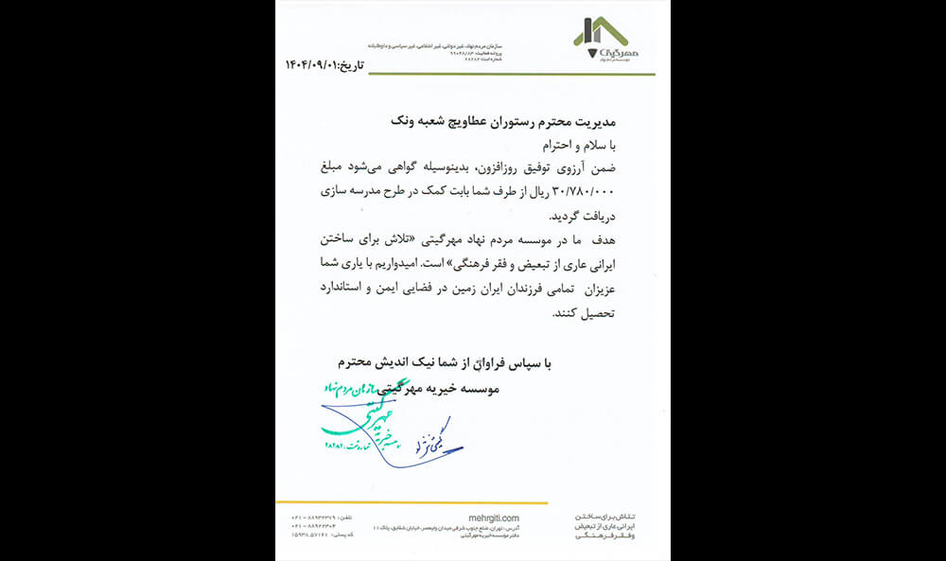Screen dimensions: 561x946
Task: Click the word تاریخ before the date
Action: pos(350,63)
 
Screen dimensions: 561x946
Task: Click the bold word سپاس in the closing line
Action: pos(522,361)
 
